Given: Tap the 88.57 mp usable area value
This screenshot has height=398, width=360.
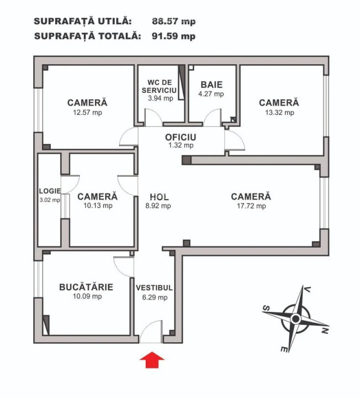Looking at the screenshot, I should coord(173,21).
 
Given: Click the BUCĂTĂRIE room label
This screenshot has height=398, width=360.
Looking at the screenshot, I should coord(86,287).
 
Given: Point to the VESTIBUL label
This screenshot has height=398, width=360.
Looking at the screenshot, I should coord(155,288).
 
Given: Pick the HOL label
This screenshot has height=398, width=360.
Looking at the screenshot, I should coord(159,197).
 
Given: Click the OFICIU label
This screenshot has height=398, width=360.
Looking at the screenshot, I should coord(181,137).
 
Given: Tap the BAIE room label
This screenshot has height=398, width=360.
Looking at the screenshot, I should coord(211,85).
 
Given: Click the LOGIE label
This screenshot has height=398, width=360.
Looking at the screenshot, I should coord(49,191).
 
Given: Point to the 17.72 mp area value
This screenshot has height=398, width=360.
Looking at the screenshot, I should coord(251,206).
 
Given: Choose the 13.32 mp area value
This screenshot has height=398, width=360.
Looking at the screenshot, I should coord(279,112).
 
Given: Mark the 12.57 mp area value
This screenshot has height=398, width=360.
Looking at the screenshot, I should coord(87,112).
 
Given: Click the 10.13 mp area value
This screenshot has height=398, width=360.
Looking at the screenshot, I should coord(97,206).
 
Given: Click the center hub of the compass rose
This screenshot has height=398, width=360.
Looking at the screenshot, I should coord(295,318).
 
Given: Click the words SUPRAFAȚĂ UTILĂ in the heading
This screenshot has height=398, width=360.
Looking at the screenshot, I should coord(83,21).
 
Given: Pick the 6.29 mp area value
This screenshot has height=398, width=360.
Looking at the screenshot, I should coord(155,297).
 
